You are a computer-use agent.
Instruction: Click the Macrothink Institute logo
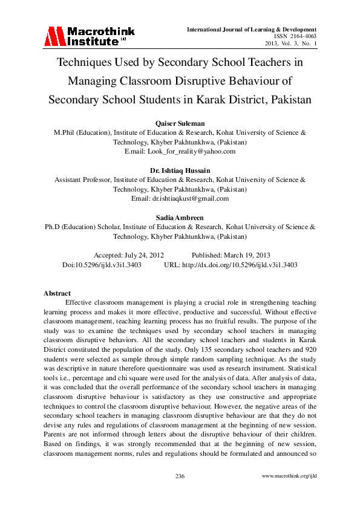click(x=88, y=36)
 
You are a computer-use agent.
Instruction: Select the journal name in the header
click(x=252, y=29)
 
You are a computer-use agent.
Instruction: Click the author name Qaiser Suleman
click(x=180, y=124)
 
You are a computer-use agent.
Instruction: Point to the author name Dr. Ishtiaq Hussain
click(x=180, y=171)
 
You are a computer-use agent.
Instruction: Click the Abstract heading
click(x=57, y=293)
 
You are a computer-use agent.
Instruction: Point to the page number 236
click(x=180, y=476)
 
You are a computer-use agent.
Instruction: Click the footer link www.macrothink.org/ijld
click(x=289, y=476)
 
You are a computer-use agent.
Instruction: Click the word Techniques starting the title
click(x=85, y=62)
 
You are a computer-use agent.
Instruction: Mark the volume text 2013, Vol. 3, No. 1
click(x=291, y=44)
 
